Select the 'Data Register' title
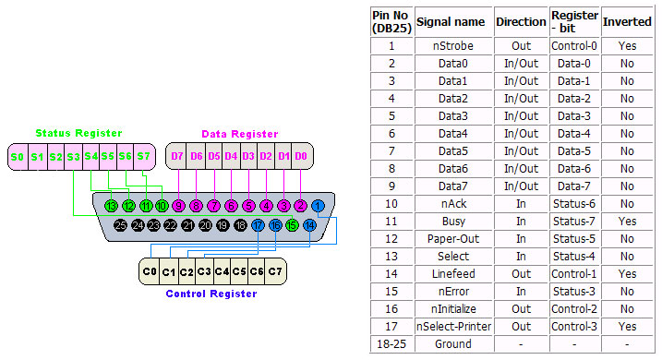[x=240, y=135]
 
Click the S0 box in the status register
[x=18, y=157]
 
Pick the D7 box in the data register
[x=177, y=157]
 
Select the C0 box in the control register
[x=150, y=272]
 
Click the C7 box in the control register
[x=275, y=272]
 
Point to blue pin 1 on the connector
[x=318, y=205]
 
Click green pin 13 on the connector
[x=112, y=205]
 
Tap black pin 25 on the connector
[x=120, y=224]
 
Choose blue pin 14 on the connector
[x=309, y=224]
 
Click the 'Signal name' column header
[x=451, y=21]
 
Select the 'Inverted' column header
[x=627, y=21]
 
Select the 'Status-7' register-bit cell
[x=574, y=222]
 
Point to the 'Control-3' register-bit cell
[x=574, y=327]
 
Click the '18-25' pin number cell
[x=391, y=344]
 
